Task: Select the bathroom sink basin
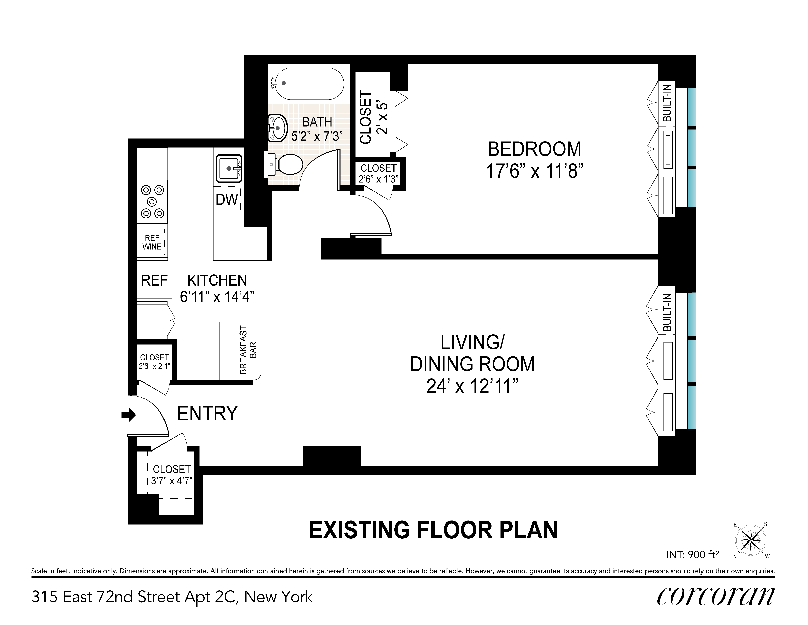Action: pos(277,128)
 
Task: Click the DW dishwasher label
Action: pos(227,200)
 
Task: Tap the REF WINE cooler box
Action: pos(152,242)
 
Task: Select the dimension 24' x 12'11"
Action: pos(472,387)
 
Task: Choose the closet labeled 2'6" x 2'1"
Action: pos(154,362)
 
